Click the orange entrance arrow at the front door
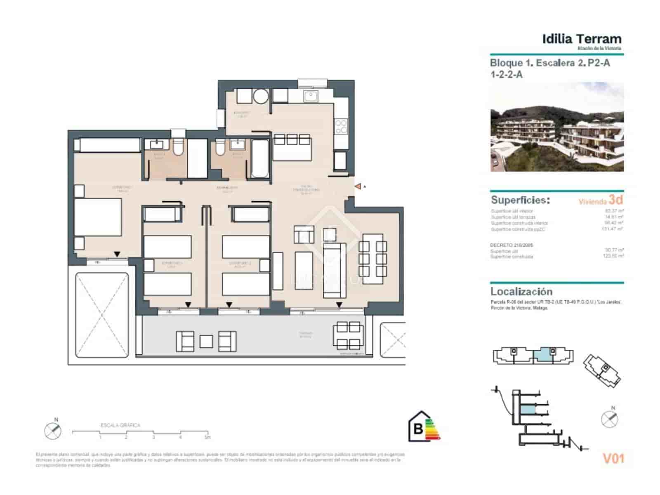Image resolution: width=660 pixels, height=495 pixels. (358, 187)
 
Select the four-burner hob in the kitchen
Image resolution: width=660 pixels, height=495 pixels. (341, 127)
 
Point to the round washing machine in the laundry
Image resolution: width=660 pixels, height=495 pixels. (261, 97)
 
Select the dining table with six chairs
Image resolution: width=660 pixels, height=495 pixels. (372, 259)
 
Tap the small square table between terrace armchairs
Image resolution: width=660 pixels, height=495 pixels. (206, 341)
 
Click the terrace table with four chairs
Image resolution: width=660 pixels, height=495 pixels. (349, 336)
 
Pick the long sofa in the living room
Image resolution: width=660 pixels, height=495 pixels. (335, 271)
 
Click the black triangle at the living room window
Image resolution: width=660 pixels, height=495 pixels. (339, 305)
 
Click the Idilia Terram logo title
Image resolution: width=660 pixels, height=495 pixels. (582, 40)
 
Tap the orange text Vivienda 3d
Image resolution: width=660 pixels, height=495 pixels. (601, 200)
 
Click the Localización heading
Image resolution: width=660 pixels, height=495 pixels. (521, 291)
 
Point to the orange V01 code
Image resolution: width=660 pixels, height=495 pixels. (613, 458)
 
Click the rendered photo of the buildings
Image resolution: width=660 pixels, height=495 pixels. (557, 127)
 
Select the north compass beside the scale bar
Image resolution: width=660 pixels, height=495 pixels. (53, 430)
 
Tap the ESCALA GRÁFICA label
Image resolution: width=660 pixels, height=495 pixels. (120, 425)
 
